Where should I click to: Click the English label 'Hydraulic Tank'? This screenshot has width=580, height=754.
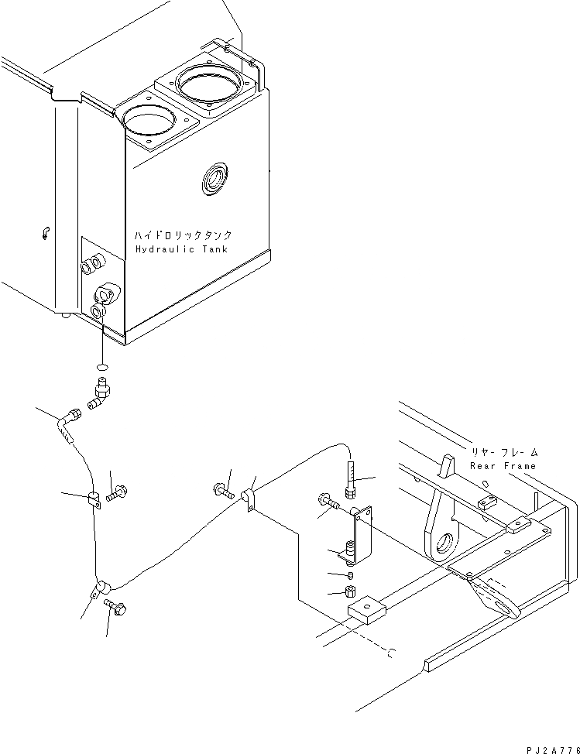coord(183,248)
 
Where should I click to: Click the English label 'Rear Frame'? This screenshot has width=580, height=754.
coord(503,466)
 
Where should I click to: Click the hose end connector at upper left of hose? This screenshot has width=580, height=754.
coord(70,419)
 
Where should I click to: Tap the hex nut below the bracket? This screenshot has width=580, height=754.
coord(351,593)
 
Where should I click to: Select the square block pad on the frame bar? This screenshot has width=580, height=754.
coord(366,610)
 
